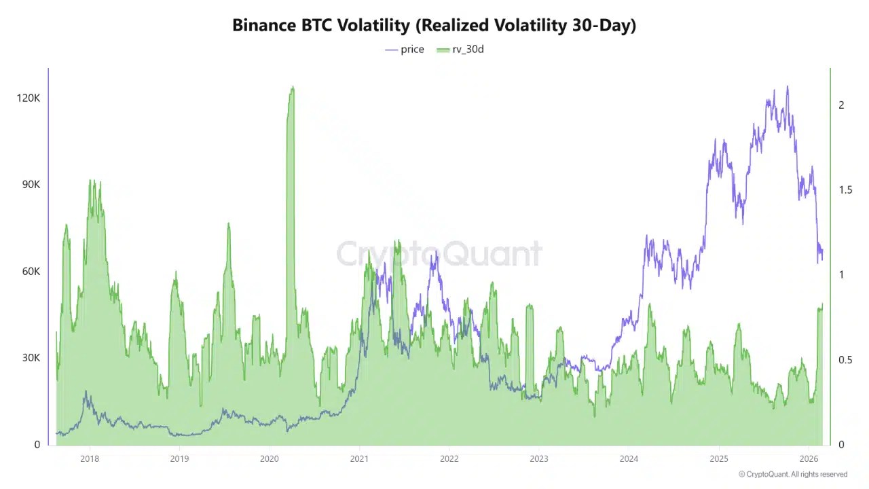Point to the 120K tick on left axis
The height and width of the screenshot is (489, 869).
tap(29, 98)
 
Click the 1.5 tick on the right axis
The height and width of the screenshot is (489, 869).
tap(845, 189)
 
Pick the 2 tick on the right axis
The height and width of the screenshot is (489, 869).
tap(842, 105)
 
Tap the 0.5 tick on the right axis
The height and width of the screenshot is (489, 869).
tap(845, 359)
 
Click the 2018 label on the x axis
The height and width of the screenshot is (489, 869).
tap(89, 458)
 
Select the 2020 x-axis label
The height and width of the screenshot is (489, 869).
tap(269, 458)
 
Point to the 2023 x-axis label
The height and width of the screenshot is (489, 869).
tap(539, 458)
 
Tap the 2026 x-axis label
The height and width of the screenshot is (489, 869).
tap(809, 458)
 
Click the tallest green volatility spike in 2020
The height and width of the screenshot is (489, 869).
tap(292, 88)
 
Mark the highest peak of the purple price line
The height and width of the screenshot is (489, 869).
tap(788, 87)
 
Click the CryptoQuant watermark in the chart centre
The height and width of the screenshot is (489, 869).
tap(439, 254)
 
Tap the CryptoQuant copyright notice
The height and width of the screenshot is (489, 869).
tap(793, 474)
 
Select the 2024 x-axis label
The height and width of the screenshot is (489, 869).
tap(629, 458)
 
